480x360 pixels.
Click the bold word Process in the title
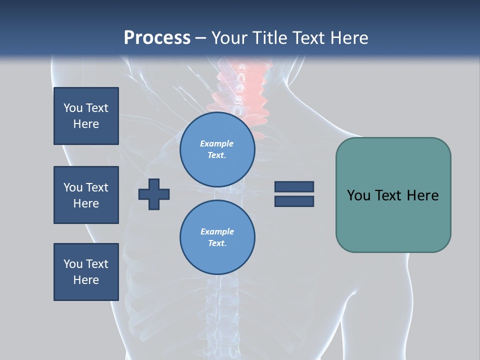click(157, 38)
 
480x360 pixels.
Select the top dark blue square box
click(86, 116)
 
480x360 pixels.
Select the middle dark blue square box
click(86, 195)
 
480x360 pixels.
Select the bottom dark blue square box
click(86, 272)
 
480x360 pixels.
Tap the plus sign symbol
click(154, 193)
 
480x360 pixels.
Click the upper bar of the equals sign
click(294, 186)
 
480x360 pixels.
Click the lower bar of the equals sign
click(294, 201)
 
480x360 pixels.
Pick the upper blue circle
click(217, 149)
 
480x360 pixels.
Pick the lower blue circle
click(217, 237)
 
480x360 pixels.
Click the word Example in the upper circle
click(217, 143)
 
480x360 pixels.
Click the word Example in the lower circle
click(217, 231)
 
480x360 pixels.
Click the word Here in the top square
click(86, 124)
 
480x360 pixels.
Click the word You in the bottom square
click(73, 264)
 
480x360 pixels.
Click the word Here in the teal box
click(422, 195)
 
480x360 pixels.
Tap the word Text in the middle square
click(97, 187)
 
